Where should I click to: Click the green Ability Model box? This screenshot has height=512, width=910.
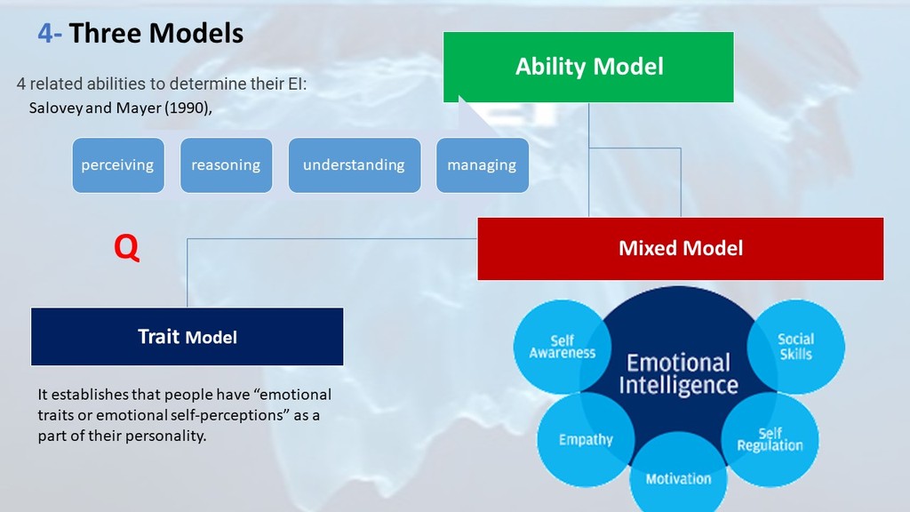[x=588, y=67]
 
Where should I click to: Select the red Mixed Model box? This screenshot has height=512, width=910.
[x=680, y=249]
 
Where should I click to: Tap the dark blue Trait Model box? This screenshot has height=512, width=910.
[x=187, y=337]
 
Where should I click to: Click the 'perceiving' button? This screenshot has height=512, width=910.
[x=118, y=165]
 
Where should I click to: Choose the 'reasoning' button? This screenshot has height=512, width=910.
[x=226, y=165]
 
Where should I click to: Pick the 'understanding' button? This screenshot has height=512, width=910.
[x=354, y=165]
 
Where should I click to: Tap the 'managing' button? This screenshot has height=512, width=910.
[x=483, y=165]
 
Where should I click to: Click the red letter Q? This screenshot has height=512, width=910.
[x=126, y=248]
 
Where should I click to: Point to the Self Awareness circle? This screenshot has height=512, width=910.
[x=562, y=347]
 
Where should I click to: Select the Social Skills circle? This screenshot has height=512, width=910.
[x=795, y=347]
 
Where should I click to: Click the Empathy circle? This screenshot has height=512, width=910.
[x=586, y=439]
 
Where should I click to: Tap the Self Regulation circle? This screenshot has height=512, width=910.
[x=770, y=439]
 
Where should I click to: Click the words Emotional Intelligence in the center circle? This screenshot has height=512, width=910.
[x=678, y=374]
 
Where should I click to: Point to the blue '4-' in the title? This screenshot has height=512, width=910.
[x=50, y=33]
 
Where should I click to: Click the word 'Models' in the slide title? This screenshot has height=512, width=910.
[x=196, y=33]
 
